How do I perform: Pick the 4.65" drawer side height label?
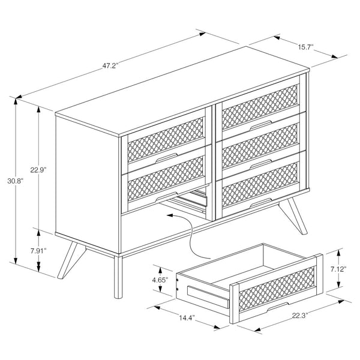159,280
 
